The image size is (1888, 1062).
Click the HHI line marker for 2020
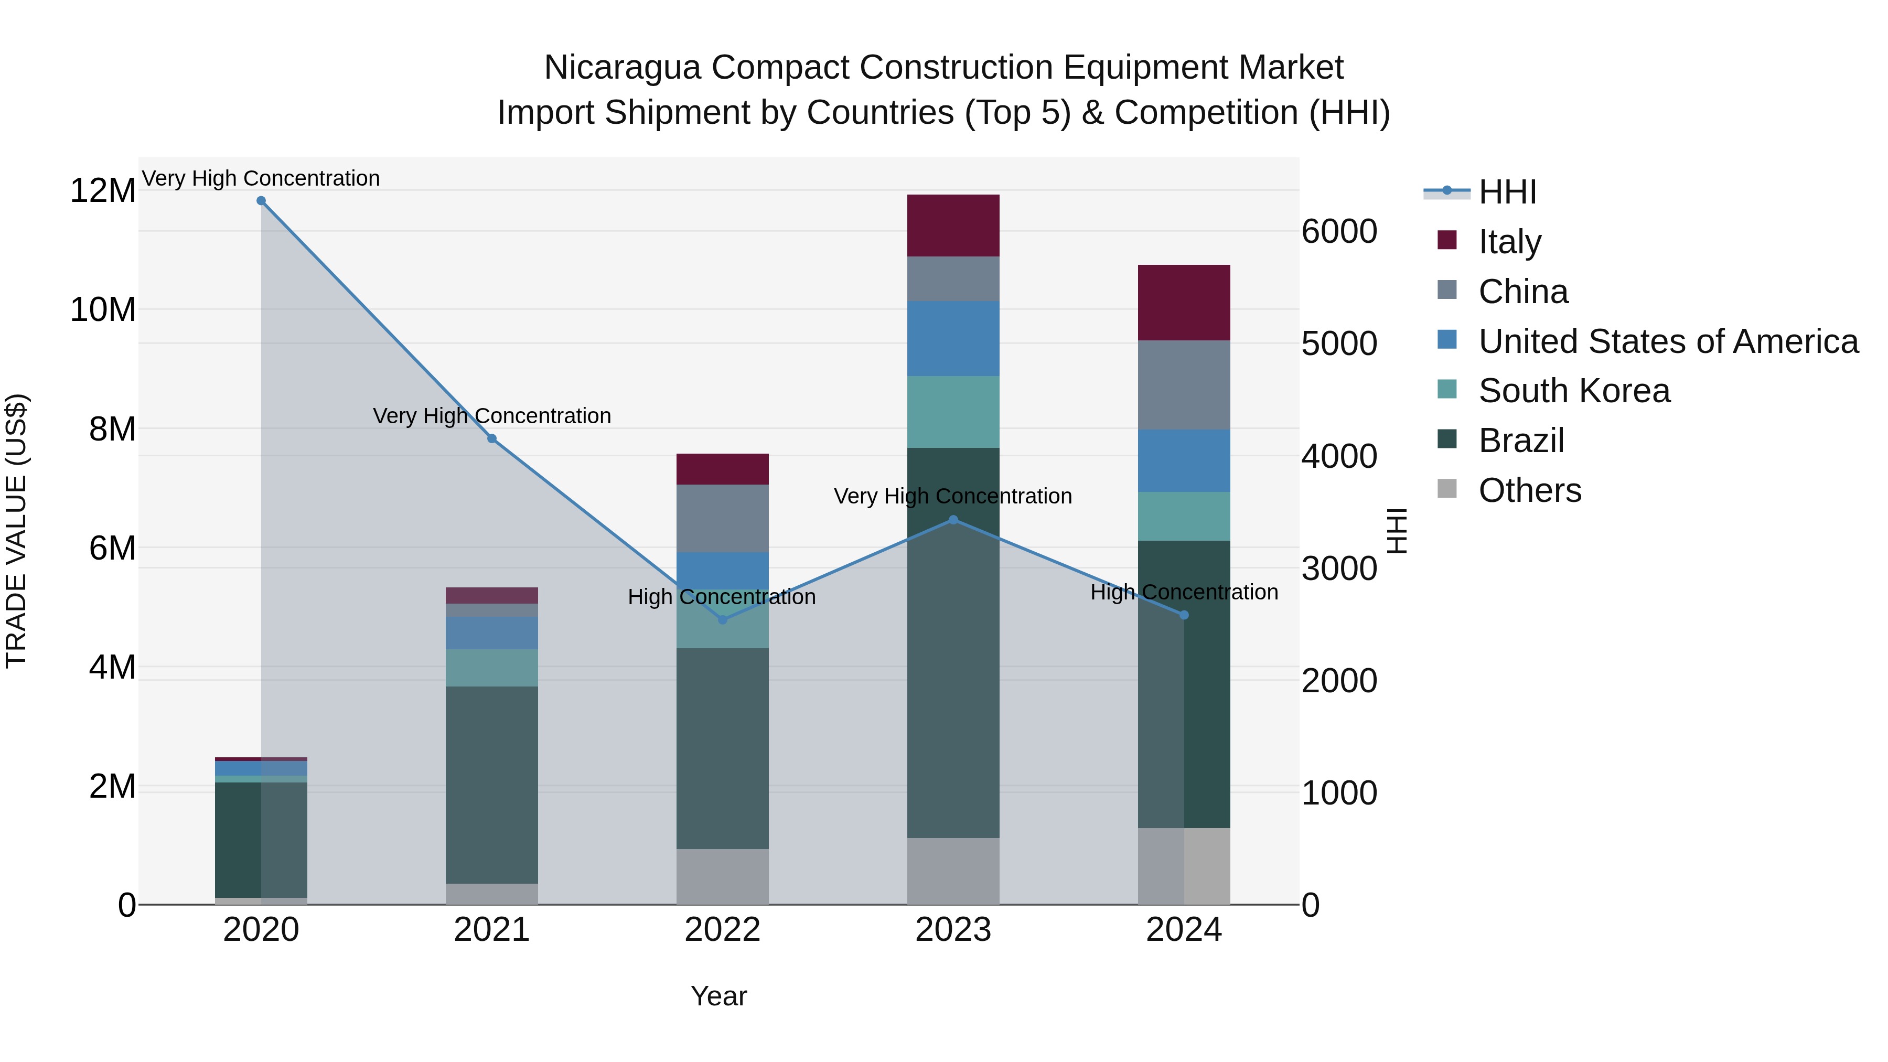(261, 201)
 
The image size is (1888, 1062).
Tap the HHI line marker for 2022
(723, 620)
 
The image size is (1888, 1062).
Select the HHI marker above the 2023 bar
(953, 520)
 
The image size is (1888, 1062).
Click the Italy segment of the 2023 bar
(953, 226)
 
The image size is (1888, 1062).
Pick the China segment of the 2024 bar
(1184, 385)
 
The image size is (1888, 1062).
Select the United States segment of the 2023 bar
(953, 339)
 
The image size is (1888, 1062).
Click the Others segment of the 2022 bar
(723, 876)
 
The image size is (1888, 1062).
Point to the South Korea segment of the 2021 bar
(492, 668)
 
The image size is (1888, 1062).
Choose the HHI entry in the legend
(1507, 192)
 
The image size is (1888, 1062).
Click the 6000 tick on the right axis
(1339, 232)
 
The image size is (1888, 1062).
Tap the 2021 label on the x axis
(492, 930)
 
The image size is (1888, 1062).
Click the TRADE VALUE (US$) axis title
(16, 531)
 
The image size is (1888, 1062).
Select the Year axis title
(718, 996)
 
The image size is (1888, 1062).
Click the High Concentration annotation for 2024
(1184, 592)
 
